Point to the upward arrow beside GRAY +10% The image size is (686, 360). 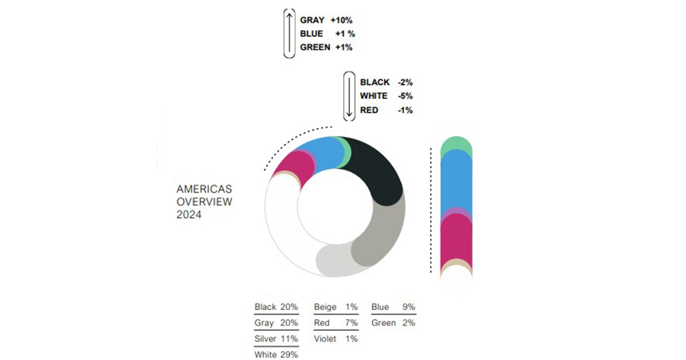point(289,33)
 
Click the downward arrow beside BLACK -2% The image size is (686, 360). point(349,96)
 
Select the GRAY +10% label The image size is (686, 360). point(326,21)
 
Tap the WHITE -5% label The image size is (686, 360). point(386,96)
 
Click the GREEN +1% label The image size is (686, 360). point(326,47)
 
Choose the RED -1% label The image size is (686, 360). point(386,110)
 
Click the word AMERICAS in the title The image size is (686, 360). point(204,189)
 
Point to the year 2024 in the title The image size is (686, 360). point(189,215)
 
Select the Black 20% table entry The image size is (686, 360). point(276,307)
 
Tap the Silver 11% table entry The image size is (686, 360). point(276,339)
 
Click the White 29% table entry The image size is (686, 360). point(276,355)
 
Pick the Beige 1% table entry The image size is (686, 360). point(335,307)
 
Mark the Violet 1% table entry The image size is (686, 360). point(335,339)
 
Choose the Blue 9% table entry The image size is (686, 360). point(393,307)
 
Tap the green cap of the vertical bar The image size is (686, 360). point(456,144)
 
